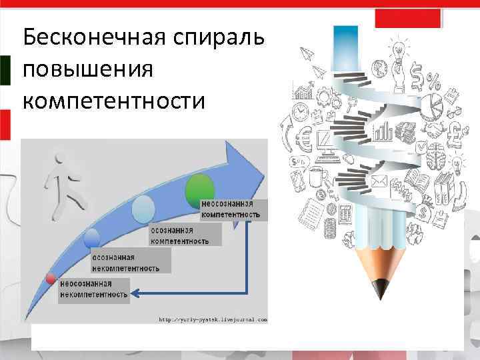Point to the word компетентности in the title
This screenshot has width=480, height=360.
click(114, 101)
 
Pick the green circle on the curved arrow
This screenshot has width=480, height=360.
click(199, 187)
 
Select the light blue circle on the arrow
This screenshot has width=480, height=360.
click(143, 210)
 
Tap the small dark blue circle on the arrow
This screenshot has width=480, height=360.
click(92, 237)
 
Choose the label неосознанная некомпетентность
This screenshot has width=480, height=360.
click(94, 289)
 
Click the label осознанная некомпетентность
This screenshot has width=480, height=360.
click(126, 263)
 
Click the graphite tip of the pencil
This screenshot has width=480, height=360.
click(381, 289)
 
